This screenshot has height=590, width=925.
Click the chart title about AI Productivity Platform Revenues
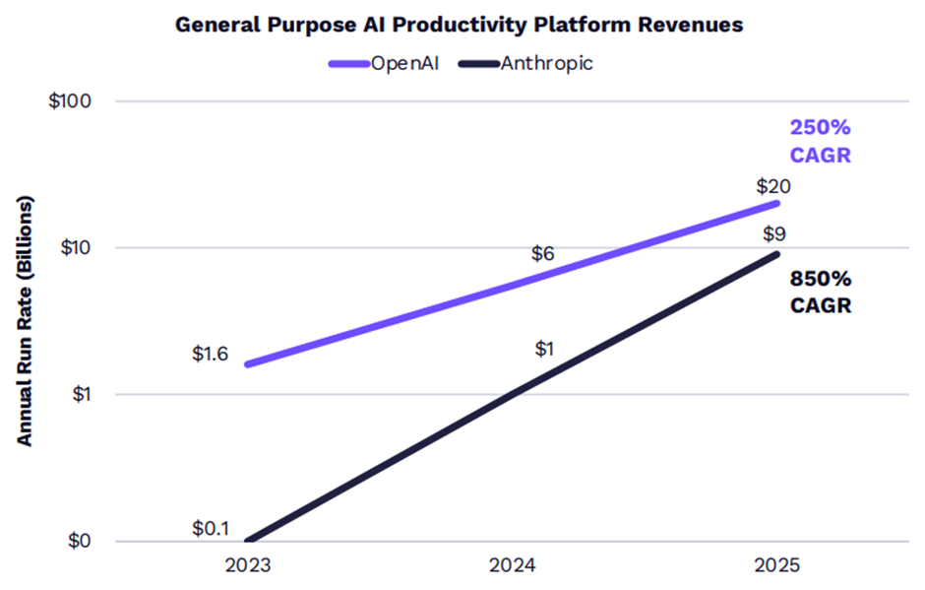461,26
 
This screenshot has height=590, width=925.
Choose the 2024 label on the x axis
512,567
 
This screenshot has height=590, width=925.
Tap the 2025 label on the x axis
777,567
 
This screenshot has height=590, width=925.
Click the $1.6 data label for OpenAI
211,355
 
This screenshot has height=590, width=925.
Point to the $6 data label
542,253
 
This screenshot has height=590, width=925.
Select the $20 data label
773,186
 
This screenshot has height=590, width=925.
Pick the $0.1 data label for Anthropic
211,529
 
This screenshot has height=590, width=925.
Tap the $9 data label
773,233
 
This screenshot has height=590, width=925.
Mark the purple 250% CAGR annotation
820,142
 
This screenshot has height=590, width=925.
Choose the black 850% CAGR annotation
820,293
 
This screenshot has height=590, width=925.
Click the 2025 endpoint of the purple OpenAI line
777,204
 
